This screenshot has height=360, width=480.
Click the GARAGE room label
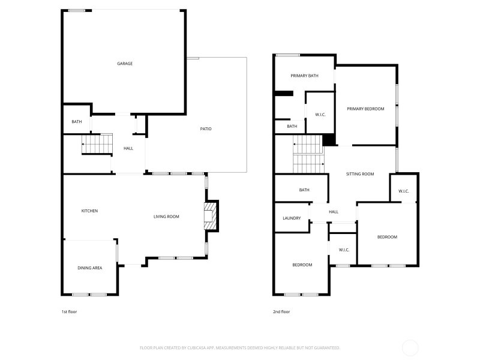[x=125, y=64]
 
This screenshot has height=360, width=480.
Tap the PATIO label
[x=206, y=129]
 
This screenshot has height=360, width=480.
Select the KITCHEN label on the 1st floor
[x=89, y=211]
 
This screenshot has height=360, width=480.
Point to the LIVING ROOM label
[x=166, y=217]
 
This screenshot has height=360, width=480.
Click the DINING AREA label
[x=89, y=268]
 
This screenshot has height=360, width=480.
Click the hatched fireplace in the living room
[x=211, y=216]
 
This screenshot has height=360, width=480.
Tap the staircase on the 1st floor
[x=97, y=144]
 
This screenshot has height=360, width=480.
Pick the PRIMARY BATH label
[x=304, y=76]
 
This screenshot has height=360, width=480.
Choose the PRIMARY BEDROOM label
[x=365, y=109]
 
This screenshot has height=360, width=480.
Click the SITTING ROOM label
[x=360, y=174]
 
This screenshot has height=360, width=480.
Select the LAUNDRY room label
[x=292, y=218]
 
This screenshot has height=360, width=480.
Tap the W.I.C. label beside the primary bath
[x=320, y=115]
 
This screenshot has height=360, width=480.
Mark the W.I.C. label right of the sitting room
[x=403, y=191]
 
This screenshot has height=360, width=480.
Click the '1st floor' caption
[x=69, y=312]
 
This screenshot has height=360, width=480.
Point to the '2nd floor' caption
[x=281, y=312]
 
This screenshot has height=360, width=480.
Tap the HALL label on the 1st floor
[x=128, y=148]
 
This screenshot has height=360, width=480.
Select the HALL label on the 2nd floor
[x=334, y=212]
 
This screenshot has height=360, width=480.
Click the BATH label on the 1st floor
[x=77, y=122]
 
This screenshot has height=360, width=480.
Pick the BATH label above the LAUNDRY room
[x=304, y=190]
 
